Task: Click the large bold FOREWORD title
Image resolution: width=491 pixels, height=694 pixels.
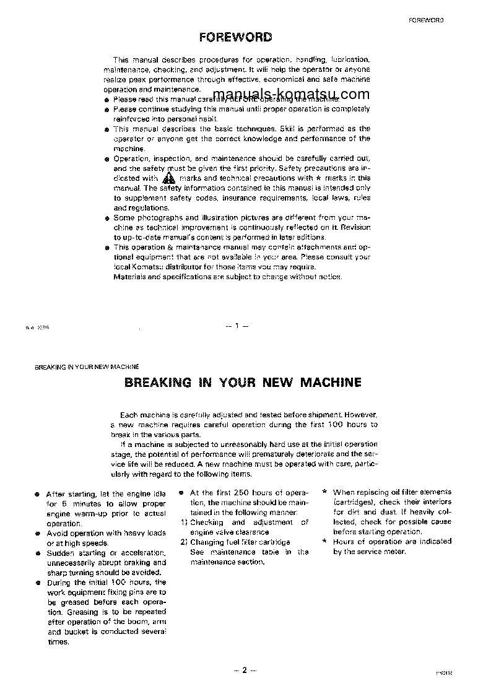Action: tap(235, 37)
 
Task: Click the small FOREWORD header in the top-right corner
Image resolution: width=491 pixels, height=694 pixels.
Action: tap(426, 20)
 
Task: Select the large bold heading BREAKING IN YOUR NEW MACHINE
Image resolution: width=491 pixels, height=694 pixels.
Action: tap(243, 382)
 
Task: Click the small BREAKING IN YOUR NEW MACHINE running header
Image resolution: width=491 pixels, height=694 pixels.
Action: tap(87, 367)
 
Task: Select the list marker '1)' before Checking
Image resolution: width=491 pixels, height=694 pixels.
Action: tap(184, 523)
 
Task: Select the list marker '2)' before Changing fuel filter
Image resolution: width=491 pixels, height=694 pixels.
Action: tap(184, 542)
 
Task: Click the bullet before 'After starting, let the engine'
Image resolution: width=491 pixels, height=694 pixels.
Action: tap(37, 494)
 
